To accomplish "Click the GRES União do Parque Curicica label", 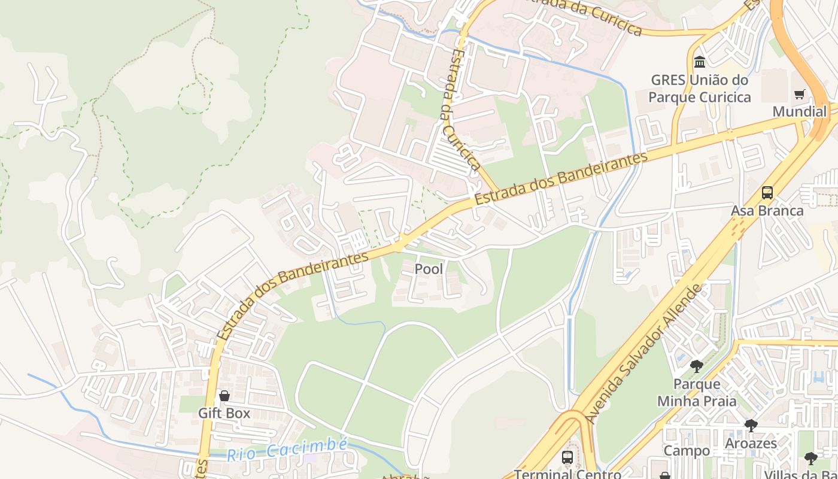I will pyautogui.click(x=700, y=88).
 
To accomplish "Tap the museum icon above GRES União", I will pyautogui.click(x=699, y=62).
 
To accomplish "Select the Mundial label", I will pyautogui.click(x=799, y=111).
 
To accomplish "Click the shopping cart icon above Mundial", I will pyautogui.click(x=799, y=94).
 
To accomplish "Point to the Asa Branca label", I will pyautogui.click(x=767, y=211).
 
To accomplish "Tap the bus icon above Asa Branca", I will pyautogui.click(x=767, y=193).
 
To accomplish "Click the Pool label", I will pyautogui.click(x=429, y=269).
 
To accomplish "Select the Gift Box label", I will pyautogui.click(x=224, y=413).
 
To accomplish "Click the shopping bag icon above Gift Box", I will pyautogui.click(x=224, y=396).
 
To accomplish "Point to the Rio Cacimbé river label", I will pyautogui.click(x=287, y=450).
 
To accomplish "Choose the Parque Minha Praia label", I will pyautogui.click(x=697, y=392).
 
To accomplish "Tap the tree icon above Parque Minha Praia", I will pyautogui.click(x=696, y=366).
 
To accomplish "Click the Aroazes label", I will pyautogui.click(x=751, y=443).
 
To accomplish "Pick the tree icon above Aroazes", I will pyautogui.click(x=751, y=426).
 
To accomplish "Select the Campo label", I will pyautogui.click(x=687, y=450).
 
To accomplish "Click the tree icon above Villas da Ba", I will pyautogui.click(x=810, y=459).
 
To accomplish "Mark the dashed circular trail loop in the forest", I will pyautogui.click(x=194, y=98).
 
